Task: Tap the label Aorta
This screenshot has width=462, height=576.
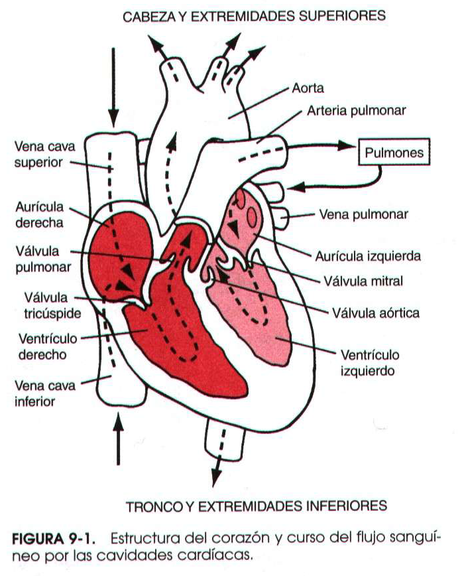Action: click(x=308, y=88)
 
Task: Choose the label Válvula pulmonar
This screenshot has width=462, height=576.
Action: click(x=36, y=260)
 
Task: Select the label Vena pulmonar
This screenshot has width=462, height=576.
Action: click(x=363, y=214)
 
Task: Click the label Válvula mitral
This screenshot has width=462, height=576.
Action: click(x=363, y=281)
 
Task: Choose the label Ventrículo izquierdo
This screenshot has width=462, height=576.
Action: click(x=369, y=362)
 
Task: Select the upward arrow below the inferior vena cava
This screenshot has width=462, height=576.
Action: click(x=118, y=439)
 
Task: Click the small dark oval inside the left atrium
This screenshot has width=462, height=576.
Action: click(x=253, y=216)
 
